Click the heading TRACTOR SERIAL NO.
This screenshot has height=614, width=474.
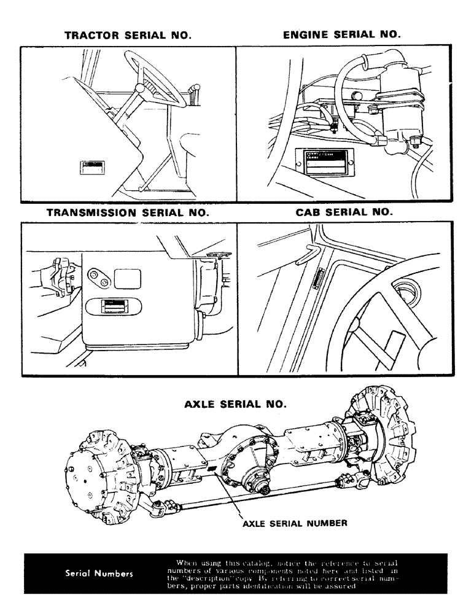[128, 36]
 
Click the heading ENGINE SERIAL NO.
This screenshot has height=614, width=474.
[341, 35]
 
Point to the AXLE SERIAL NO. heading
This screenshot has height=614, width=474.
[235, 405]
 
